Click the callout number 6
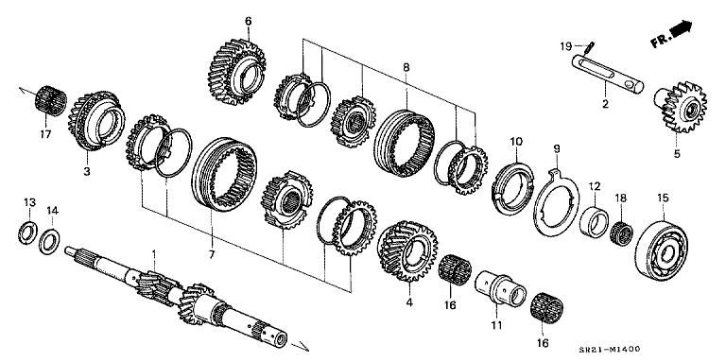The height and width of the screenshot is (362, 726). (248, 21)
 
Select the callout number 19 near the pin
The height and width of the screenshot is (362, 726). (564, 45)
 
